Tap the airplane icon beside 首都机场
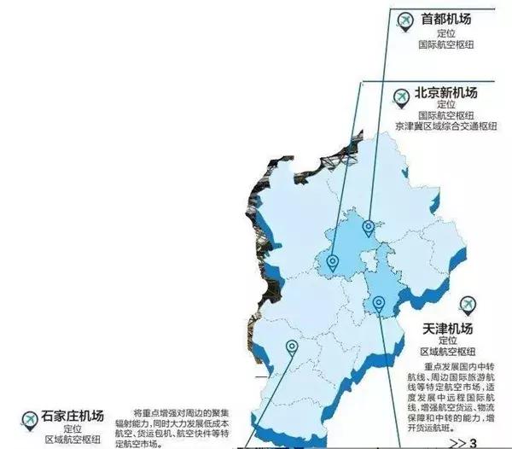point(404,19)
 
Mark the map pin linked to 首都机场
point(368,227)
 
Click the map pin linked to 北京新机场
point(332,262)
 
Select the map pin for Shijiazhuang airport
point(292,347)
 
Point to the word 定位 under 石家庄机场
point(72,429)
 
